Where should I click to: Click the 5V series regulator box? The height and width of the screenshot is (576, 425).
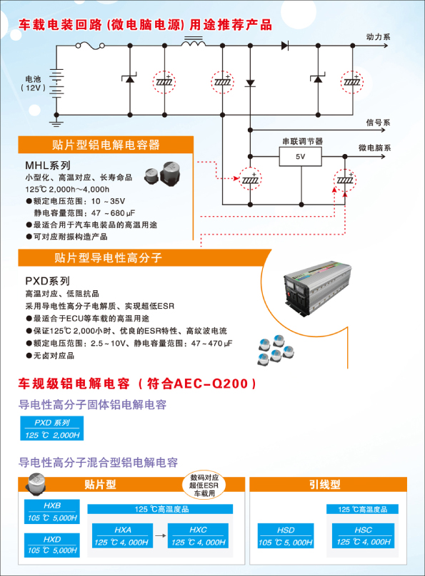(x=300, y=157)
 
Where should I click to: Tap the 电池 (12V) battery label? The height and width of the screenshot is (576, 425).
(x=33, y=83)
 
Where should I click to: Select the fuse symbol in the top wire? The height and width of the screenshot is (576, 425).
(x=90, y=46)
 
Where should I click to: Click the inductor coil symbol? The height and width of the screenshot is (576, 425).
(x=193, y=41)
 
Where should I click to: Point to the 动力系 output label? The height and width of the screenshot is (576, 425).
(x=378, y=37)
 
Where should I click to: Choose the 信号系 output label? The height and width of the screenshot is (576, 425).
(x=378, y=123)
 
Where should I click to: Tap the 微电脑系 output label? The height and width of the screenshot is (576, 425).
(x=374, y=148)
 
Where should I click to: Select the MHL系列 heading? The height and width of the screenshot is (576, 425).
(x=47, y=165)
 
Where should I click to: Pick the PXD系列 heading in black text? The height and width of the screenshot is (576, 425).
(x=47, y=281)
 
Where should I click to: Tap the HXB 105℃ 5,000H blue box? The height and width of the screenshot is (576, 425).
(x=52, y=512)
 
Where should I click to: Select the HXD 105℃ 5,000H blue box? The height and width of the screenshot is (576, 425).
(x=52, y=545)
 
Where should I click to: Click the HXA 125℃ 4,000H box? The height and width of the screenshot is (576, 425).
(x=122, y=536)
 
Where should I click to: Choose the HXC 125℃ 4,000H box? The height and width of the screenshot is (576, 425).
(x=198, y=536)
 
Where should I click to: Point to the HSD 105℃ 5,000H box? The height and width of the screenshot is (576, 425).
(x=286, y=536)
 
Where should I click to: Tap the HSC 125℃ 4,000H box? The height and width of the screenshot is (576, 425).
(x=363, y=536)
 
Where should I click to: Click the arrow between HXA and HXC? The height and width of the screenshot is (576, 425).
(x=161, y=535)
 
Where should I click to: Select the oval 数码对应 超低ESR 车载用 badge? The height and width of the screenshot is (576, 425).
(x=204, y=485)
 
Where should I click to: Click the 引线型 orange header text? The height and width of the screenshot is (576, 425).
(x=324, y=485)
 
